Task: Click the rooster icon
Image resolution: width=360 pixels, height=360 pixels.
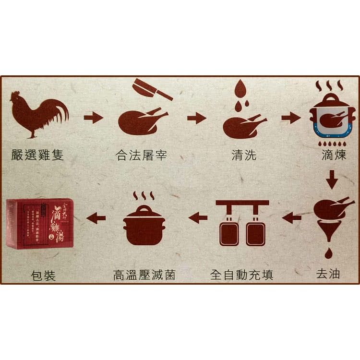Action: point(40,113)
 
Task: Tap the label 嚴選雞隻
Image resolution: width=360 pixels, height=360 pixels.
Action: point(38,155)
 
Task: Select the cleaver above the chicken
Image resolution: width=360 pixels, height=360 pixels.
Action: point(152,89)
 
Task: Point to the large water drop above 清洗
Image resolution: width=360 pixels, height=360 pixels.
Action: point(241,89)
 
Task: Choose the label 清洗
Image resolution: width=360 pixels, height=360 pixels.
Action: point(244,155)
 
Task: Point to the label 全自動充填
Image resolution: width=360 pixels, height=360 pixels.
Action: point(242,275)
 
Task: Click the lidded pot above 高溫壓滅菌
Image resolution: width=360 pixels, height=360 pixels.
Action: point(144,226)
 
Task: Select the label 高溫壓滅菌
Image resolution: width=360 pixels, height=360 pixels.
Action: point(144,275)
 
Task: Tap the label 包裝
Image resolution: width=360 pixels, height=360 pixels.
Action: point(43,276)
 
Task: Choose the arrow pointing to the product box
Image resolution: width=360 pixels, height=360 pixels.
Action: point(96,218)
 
